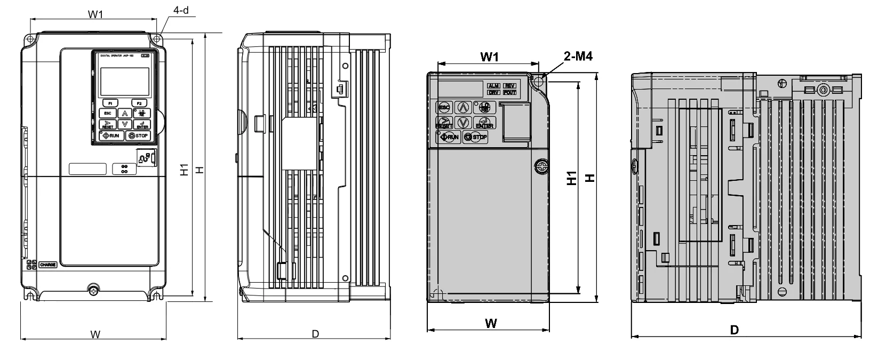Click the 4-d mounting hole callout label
click(x=181, y=10)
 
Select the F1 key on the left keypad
click(x=110, y=102)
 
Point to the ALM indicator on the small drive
click(x=493, y=86)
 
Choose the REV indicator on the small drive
click(x=509, y=86)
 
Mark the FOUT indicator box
click(x=509, y=93)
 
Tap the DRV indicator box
click(x=493, y=93)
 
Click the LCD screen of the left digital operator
click(x=124, y=81)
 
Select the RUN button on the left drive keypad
click(x=110, y=136)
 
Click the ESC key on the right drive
click(x=444, y=107)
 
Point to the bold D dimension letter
click(x=735, y=330)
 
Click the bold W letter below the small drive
click(x=491, y=323)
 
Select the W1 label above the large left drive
click(x=95, y=14)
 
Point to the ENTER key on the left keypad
click(x=142, y=125)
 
